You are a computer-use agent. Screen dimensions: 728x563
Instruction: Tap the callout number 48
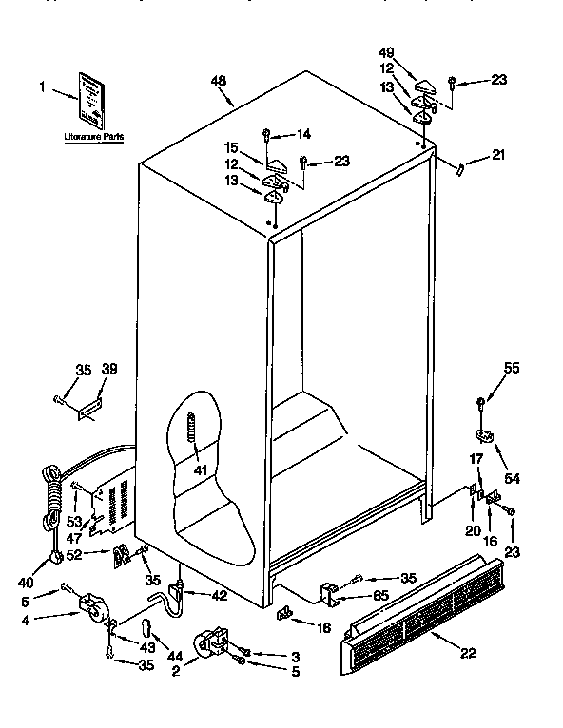[x=219, y=82]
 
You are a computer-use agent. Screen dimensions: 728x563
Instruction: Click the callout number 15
[x=230, y=148]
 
